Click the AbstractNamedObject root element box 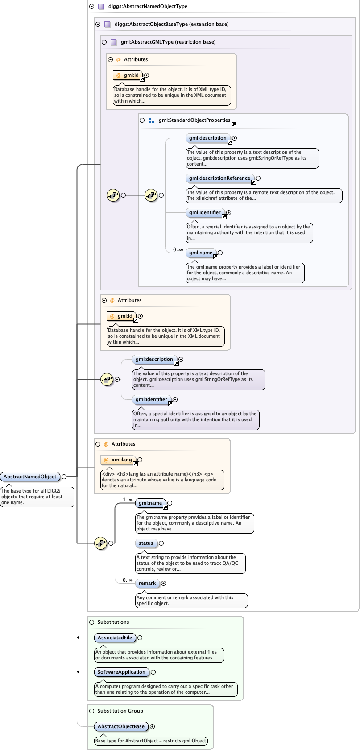[30, 477]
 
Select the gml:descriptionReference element [219, 178]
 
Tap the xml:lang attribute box [118, 460]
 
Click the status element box [146, 543]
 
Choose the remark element [147, 583]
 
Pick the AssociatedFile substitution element [115, 638]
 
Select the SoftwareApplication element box [121, 672]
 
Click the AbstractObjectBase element [121, 726]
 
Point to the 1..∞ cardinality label [128, 500]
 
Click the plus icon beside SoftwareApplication [153, 672]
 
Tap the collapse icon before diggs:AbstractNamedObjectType [91, 7]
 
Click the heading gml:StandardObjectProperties [194, 120]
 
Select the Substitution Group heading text [120, 711]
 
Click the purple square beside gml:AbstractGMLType [113, 42]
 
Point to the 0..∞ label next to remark [128, 580]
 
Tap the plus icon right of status [161, 543]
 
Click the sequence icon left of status [100, 543]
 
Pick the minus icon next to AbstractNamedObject [64, 477]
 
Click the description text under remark [185, 600]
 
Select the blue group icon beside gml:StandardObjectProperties [151, 120]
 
